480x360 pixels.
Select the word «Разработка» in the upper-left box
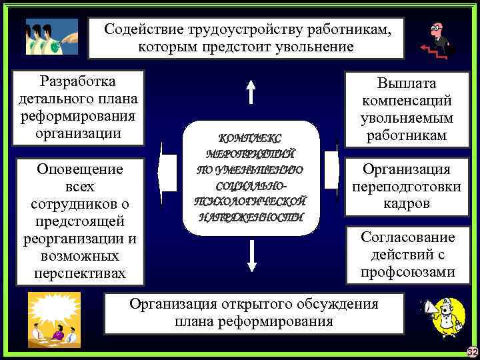point(78,81)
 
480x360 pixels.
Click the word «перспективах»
point(80,273)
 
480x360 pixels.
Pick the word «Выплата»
point(406,84)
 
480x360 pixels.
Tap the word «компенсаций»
point(406,101)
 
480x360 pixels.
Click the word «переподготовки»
point(406,187)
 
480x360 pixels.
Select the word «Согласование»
point(407,237)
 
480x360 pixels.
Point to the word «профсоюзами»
point(407,272)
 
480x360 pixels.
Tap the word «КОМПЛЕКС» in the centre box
point(250,139)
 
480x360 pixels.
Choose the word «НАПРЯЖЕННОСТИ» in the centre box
point(250,217)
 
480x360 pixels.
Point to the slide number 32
point(473,352)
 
